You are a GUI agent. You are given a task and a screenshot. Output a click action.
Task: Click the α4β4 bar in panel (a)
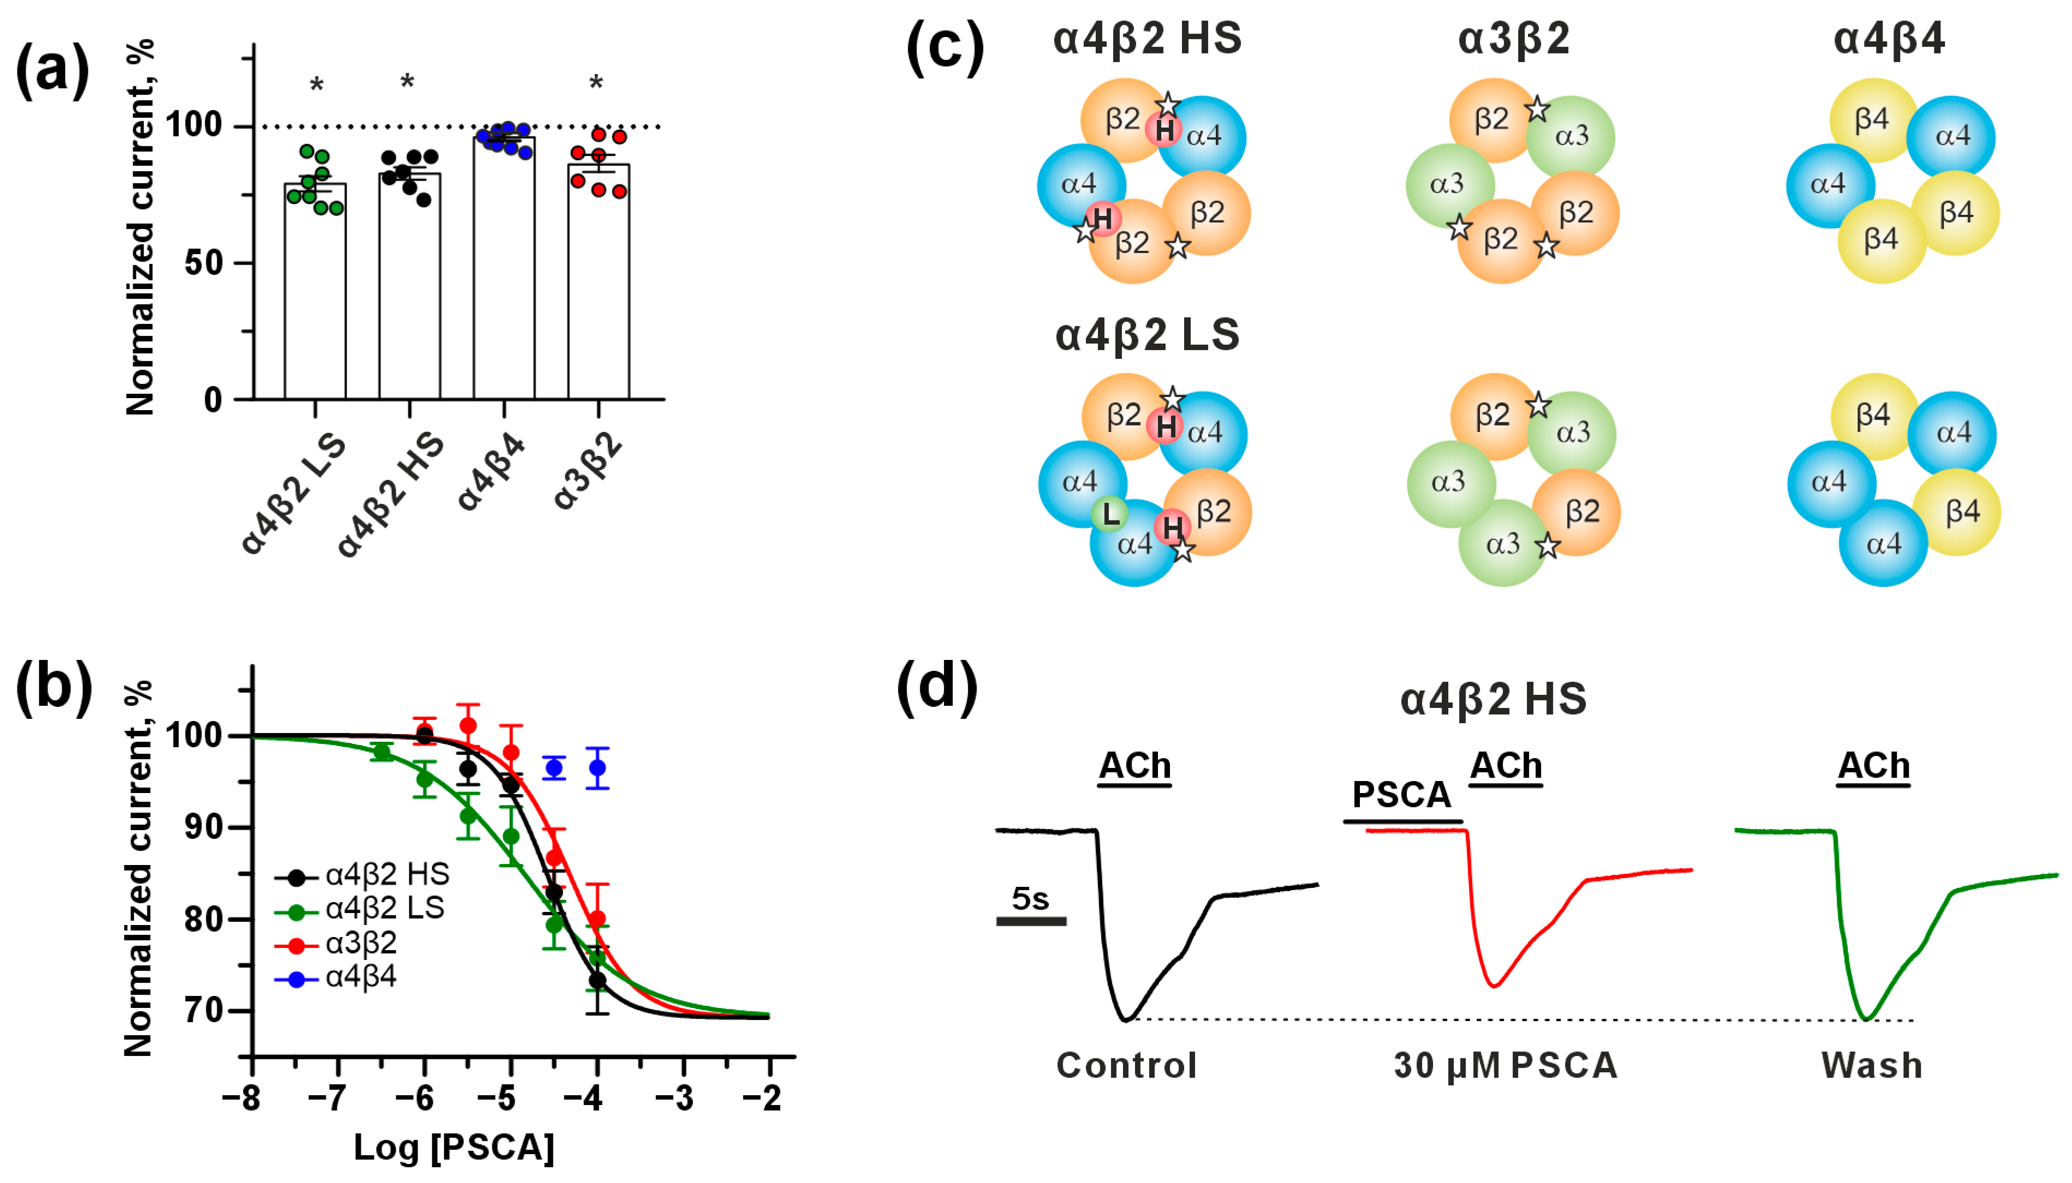(x=504, y=268)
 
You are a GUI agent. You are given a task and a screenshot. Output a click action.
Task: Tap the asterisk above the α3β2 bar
(x=596, y=83)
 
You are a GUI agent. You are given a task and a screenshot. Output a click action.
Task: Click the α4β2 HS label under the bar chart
(x=391, y=496)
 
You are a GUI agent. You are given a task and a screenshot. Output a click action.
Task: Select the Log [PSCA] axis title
(x=453, y=1147)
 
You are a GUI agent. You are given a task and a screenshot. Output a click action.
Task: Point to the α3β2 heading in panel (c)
(x=1514, y=39)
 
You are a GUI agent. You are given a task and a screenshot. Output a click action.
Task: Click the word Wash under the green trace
(x=1871, y=1065)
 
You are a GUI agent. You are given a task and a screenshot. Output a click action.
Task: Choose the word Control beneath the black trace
(x=1126, y=1065)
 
